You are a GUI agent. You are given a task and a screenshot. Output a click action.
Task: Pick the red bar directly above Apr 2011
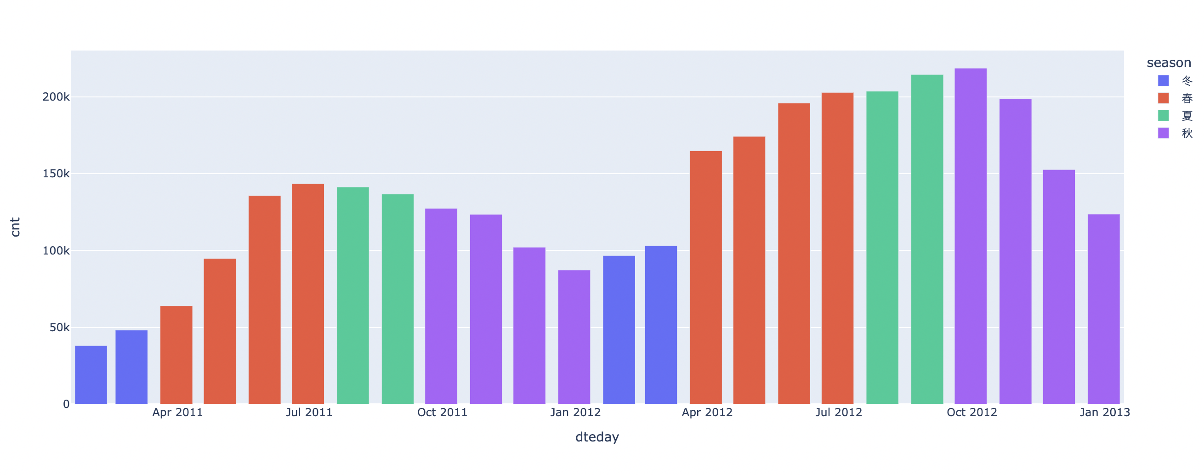click(x=176, y=355)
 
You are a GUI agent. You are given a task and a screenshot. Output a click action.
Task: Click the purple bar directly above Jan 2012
click(x=574, y=337)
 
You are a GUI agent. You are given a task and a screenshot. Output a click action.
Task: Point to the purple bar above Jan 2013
click(x=1103, y=309)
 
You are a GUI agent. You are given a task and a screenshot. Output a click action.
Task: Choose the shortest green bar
click(x=398, y=299)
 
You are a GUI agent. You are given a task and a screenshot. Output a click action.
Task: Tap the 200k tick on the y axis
click(x=56, y=97)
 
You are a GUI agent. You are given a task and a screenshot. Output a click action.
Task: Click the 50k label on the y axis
click(x=59, y=328)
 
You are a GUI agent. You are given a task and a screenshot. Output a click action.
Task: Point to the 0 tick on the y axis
click(x=66, y=404)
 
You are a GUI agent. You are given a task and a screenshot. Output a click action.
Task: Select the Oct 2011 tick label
click(x=442, y=413)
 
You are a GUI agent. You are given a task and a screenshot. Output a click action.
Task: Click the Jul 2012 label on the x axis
click(x=839, y=413)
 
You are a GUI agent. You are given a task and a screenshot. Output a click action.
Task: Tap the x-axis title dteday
click(x=597, y=437)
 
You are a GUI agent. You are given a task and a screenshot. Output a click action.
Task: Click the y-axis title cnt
click(x=16, y=227)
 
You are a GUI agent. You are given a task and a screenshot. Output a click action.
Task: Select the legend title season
click(x=1169, y=62)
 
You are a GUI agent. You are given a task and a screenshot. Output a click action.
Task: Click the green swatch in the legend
click(x=1164, y=115)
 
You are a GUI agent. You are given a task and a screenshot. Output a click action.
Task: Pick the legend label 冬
click(x=1187, y=80)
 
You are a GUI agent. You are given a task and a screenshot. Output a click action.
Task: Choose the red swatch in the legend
click(x=1164, y=98)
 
